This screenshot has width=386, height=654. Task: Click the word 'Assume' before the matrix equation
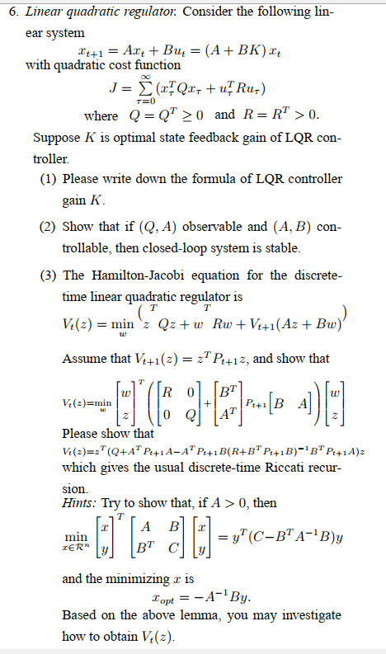[84, 358]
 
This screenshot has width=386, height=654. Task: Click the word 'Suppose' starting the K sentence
[56, 135]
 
